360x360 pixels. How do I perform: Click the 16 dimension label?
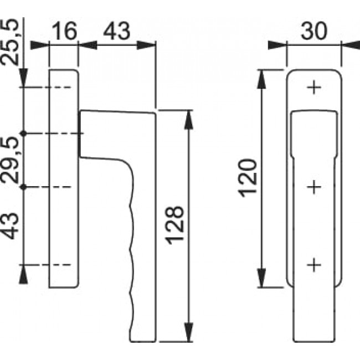click(64, 31)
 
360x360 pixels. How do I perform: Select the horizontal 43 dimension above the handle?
click(117, 31)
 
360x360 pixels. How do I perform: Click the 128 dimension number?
click(175, 225)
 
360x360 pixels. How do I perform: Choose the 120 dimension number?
click(247, 178)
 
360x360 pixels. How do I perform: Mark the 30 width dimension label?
click(313, 31)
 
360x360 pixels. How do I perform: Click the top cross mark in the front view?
click(314, 88)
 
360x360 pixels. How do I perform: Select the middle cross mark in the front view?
click(314, 187)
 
